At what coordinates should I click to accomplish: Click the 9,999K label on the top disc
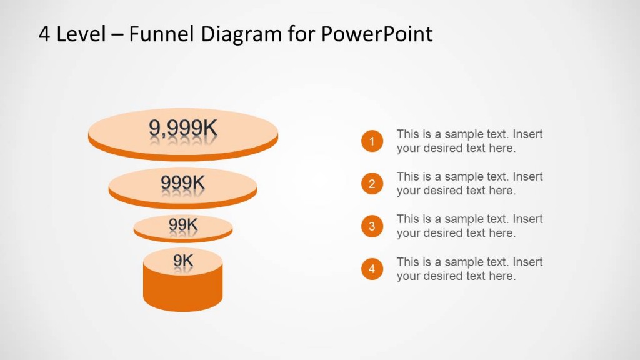click(x=182, y=128)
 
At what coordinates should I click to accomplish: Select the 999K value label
click(x=182, y=182)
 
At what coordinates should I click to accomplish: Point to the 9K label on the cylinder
click(x=182, y=259)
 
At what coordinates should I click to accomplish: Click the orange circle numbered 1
click(x=372, y=141)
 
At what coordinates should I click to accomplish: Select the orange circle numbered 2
click(x=372, y=184)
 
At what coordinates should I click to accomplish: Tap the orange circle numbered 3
click(x=372, y=226)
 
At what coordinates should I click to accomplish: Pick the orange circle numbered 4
click(x=372, y=269)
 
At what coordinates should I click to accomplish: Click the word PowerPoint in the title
click(x=377, y=34)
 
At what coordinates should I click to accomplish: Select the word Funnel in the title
click(x=162, y=34)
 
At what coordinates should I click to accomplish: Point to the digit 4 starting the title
click(x=44, y=34)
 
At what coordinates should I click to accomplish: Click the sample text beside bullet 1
click(x=469, y=141)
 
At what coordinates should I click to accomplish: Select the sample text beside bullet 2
click(x=469, y=184)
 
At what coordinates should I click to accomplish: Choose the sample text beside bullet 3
click(x=469, y=226)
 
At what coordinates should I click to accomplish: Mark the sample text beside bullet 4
click(x=469, y=269)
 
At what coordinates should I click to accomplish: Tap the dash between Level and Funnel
click(x=117, y=35)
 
